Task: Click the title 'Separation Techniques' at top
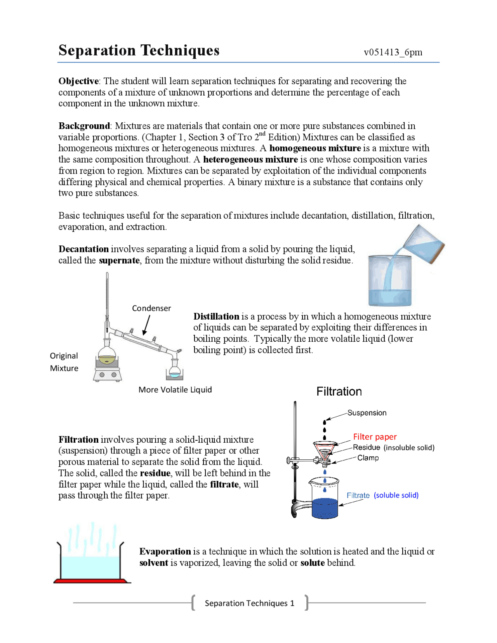pos(139,50)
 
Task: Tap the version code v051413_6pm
pos(393,52)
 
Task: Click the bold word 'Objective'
pos(78,81)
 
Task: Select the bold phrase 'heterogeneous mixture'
pos(250,160)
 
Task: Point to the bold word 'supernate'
pos(119,261)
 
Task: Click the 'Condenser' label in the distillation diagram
pos(151,308)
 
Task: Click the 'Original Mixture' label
pos(64,362)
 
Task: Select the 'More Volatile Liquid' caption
pos(175,390)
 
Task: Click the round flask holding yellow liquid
pos(107,356)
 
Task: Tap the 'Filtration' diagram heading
pos(339,391)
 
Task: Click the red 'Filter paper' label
pos(375,437)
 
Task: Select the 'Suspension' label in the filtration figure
pos(367,413)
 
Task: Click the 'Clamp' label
pos(368,458)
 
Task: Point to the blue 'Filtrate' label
pos(358,495)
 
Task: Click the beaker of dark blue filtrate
pos(325,503)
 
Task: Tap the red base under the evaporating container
pos(92,581)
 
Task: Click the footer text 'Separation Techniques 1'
pos(249,603)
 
